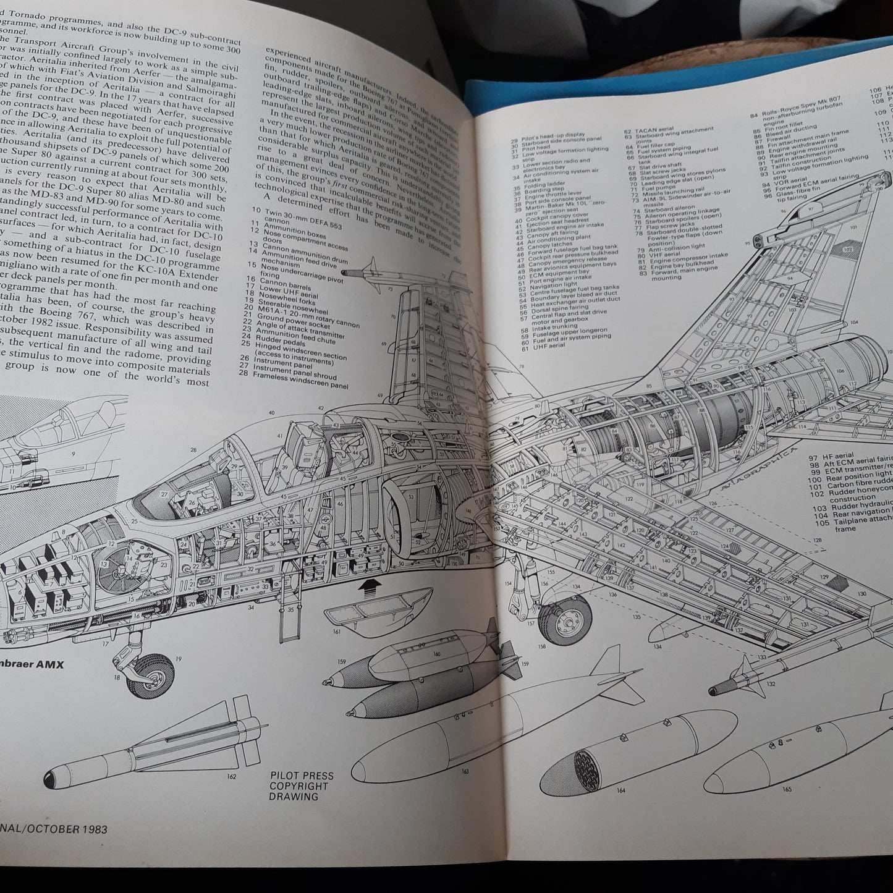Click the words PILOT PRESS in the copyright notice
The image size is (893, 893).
(x=302, y=776)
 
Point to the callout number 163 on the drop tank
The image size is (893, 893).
(x=465, y=771)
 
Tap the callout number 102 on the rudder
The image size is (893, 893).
(x=847, y=249)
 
